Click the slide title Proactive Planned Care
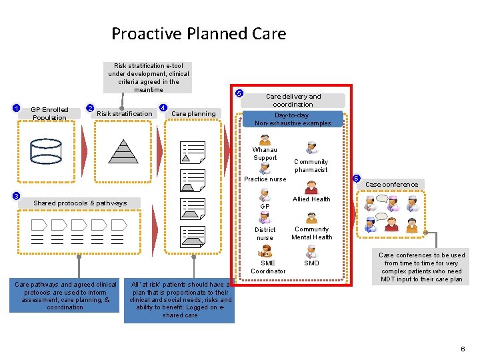[199, 33]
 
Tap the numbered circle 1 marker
[17, 109]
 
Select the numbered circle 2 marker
[91, 109]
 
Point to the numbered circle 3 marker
[17, 196]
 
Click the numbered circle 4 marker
[163, 108]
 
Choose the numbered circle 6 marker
[357, 179]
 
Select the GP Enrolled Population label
[49, 114]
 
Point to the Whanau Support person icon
[265, 141]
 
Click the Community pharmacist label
[311, 165]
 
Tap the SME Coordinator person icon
[265, 251]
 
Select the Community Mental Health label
[311, 233]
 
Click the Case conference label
[392, 185]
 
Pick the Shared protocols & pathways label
[80, 203]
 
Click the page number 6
[462, 349]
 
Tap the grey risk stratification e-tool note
[149, 77]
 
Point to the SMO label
[311, 263]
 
